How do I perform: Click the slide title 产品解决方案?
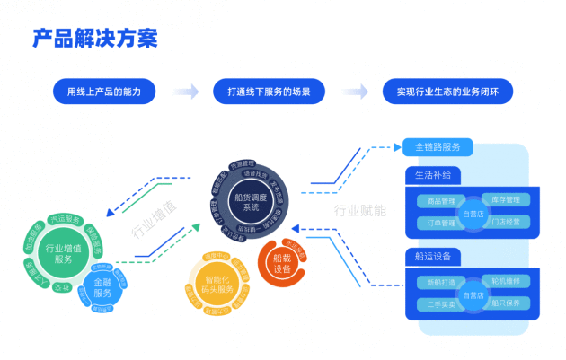coord(95,39)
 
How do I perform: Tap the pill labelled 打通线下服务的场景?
coord(269,92)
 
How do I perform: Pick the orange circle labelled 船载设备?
coord(282,263)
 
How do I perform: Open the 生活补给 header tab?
coord(433,173)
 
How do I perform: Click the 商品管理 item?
coord(440,200)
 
